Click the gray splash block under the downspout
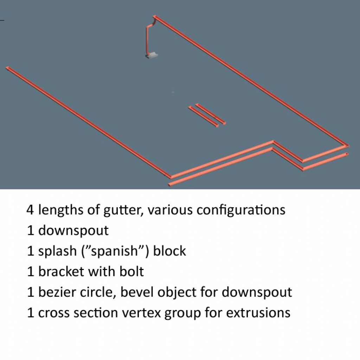coord(152,55)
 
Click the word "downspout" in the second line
coord(73,231)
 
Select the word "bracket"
coord(60,271)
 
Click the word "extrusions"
coord(258,313)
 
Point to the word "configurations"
coord(241,210)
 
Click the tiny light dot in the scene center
coord(173,92)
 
